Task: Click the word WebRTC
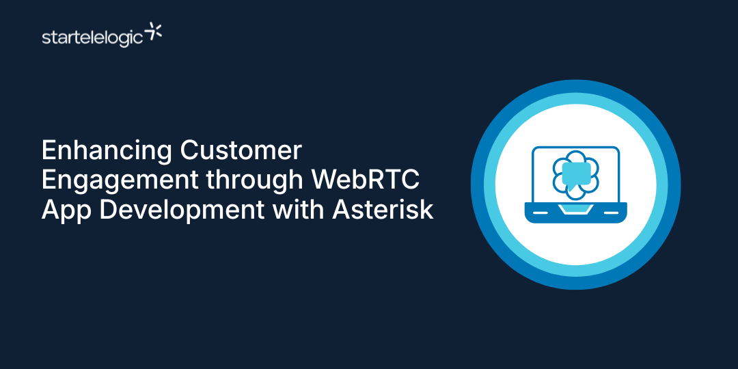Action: click(366, 180)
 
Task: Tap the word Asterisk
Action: click(383, 209)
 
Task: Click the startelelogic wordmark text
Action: click(92, 37)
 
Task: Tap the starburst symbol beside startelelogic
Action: click(155, 31)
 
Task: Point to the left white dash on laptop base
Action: click(541, 213)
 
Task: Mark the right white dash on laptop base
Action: click(611, 213)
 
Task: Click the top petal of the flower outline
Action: click(575, 157)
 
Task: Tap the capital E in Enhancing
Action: click(49, 150)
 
